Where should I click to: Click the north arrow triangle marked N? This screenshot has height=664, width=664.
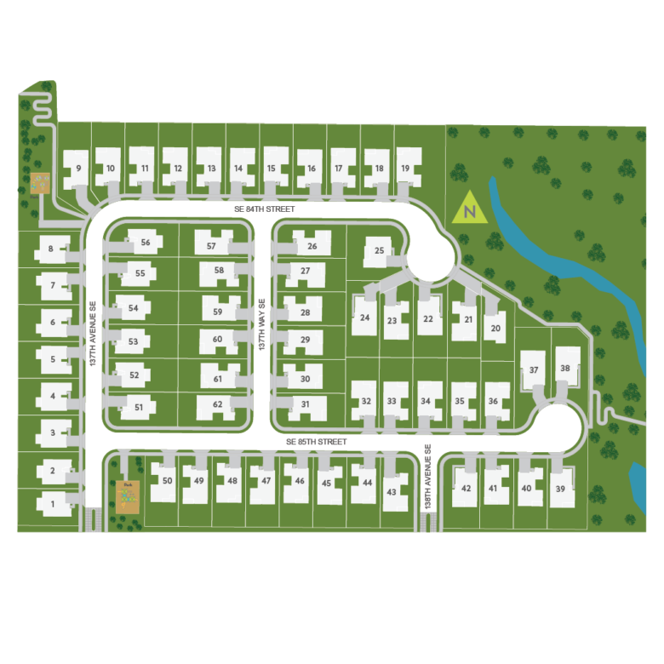(x=467, y=209)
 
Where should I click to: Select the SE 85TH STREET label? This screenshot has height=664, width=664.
(x=317, y=442)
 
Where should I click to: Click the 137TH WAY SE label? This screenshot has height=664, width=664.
(x=263, y=323)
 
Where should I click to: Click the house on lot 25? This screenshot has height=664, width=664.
(x=379, y=251)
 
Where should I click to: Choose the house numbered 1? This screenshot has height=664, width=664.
(x=53, y=504)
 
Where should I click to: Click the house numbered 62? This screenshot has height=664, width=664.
(x=217, y=405)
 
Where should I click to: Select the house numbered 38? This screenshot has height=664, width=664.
(x=564, y=368)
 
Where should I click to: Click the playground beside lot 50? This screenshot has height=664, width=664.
(x=128, y=495)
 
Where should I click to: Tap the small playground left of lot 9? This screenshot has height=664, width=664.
(x=39, y=182)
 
